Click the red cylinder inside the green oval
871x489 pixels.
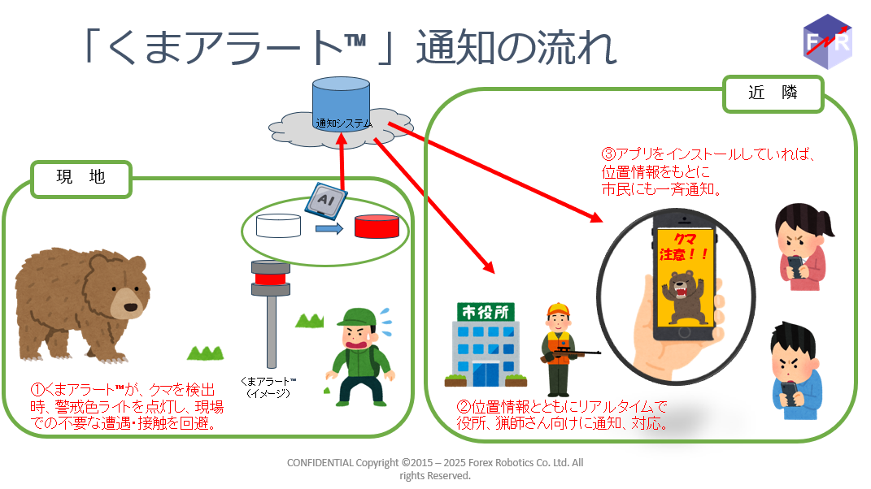(x=377, y=227)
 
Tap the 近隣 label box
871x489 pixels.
(x=773, y=93)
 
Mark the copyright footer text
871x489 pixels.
(x=435, y=469)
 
